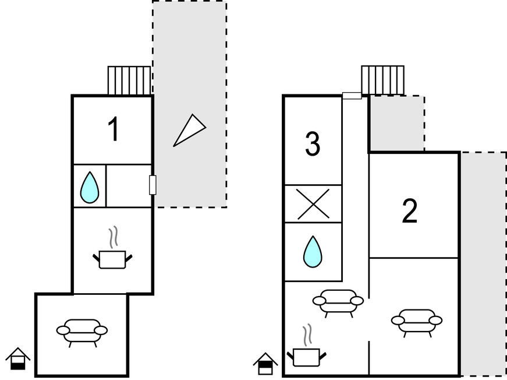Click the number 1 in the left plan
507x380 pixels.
114,129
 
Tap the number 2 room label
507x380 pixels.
410,212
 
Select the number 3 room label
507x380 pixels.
313,145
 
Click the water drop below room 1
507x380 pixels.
89,187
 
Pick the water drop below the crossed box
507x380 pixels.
313,252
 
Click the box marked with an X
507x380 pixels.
313,204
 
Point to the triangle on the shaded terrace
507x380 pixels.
190,129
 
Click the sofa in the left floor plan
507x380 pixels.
82,330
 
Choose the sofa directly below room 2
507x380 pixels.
417,321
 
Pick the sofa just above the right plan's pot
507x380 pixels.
338,301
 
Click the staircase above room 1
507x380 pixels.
129,80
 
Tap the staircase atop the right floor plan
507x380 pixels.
382,80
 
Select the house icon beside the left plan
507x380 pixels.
18,358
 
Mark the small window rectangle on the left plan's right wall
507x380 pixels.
153,185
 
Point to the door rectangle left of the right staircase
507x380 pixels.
352,96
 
